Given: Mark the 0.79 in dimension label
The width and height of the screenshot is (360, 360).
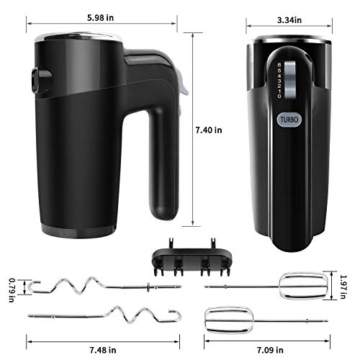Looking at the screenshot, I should click(11, 289).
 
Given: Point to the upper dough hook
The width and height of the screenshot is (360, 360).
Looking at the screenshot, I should click(94, 286).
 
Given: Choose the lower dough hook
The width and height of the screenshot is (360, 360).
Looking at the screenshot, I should click(108, 315).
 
